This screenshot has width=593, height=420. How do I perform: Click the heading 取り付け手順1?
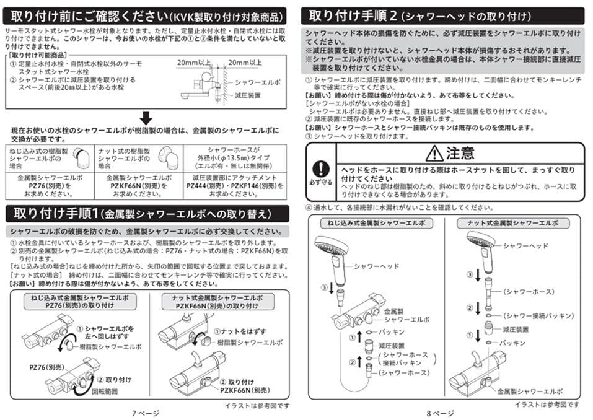point(55,214)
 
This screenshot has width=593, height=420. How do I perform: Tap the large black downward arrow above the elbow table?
point(146,117)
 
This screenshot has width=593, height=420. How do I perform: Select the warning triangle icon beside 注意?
point(435,152)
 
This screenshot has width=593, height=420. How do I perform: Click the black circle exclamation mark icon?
point(320,168)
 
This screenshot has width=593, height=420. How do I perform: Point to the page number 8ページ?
point(441,413)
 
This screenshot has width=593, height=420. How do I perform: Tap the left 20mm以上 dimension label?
point(193,63)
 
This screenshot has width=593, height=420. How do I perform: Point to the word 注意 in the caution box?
point(460,152)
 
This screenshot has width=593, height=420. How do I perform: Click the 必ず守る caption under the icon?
point(320,183)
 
